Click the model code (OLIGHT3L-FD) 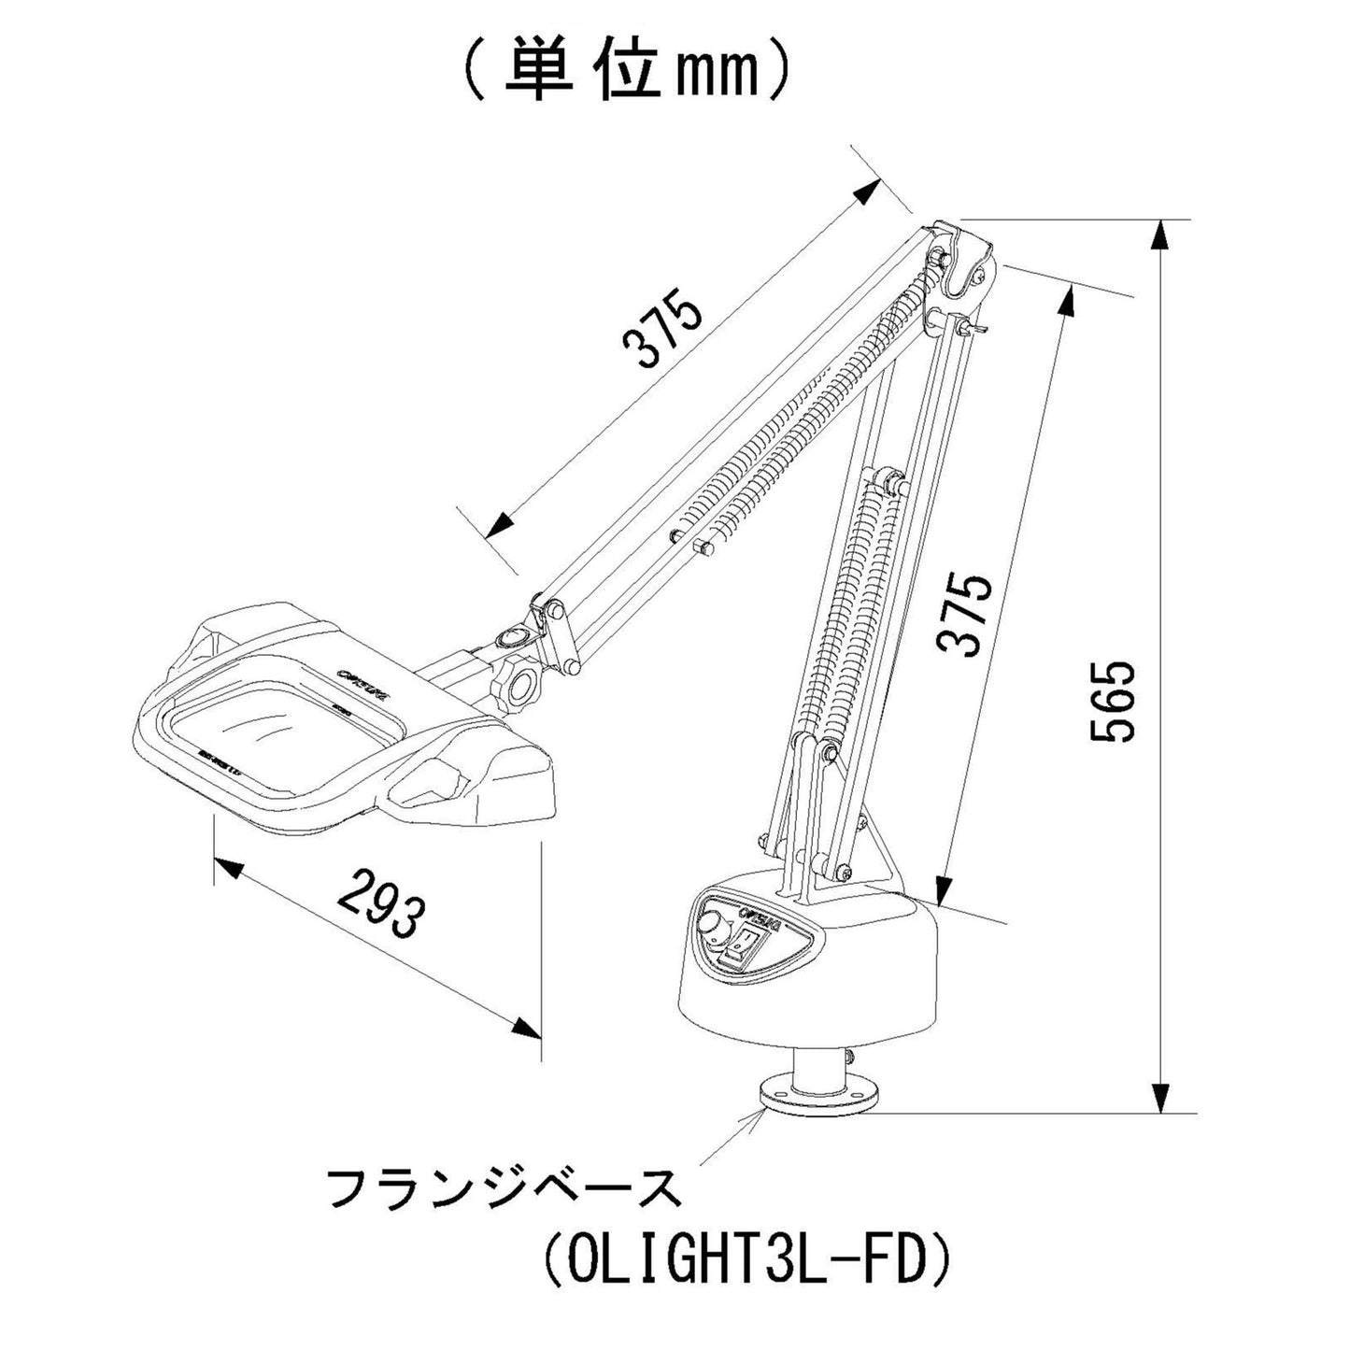746,1262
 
